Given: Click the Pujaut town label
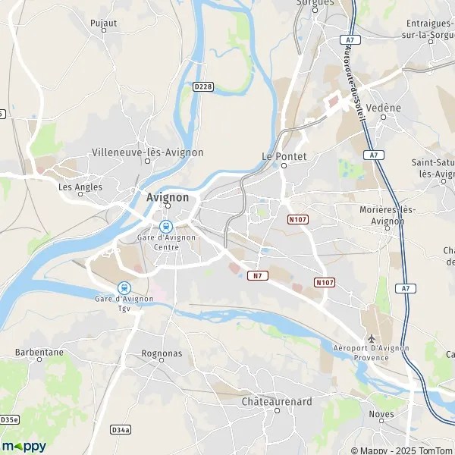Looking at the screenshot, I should point(103,24).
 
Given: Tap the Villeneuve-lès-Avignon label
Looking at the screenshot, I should point(147,152).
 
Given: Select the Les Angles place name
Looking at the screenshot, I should point(80,187).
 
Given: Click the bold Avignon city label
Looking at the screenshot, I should point(168,197).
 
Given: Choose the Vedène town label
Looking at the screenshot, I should point(383,108).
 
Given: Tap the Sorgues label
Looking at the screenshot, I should point(316,3).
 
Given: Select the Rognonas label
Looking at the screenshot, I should point(160,354).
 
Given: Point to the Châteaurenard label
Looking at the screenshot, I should point(276,401).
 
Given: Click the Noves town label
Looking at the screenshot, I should point(381,414).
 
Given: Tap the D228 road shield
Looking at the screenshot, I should point(202,87).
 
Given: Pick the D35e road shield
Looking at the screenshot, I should point(9,419).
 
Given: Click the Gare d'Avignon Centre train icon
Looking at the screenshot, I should point(165,225).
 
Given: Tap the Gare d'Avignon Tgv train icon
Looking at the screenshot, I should point(124,287).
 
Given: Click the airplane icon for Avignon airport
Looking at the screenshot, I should point(372,338).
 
